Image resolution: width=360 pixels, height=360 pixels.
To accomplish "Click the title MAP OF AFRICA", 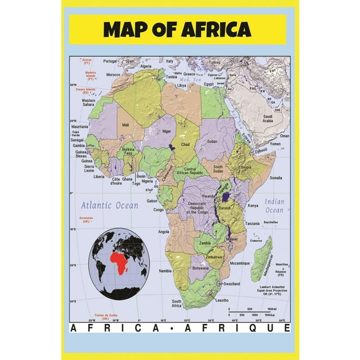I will pos(177,29).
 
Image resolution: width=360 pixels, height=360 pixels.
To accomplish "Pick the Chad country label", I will pos(185,145).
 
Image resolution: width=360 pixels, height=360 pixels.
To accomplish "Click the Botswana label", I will pos(201,268).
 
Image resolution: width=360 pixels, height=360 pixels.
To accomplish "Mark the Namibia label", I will pos(165,271).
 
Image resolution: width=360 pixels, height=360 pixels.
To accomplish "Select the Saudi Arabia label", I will pos(268,118).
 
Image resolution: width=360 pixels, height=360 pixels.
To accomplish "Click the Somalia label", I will pos(276,177).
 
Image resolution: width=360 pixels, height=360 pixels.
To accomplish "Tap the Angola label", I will pos(164,231).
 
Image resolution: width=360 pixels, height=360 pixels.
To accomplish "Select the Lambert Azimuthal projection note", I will pos(269,290).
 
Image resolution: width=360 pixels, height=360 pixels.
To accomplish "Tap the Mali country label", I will pos(125,124).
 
